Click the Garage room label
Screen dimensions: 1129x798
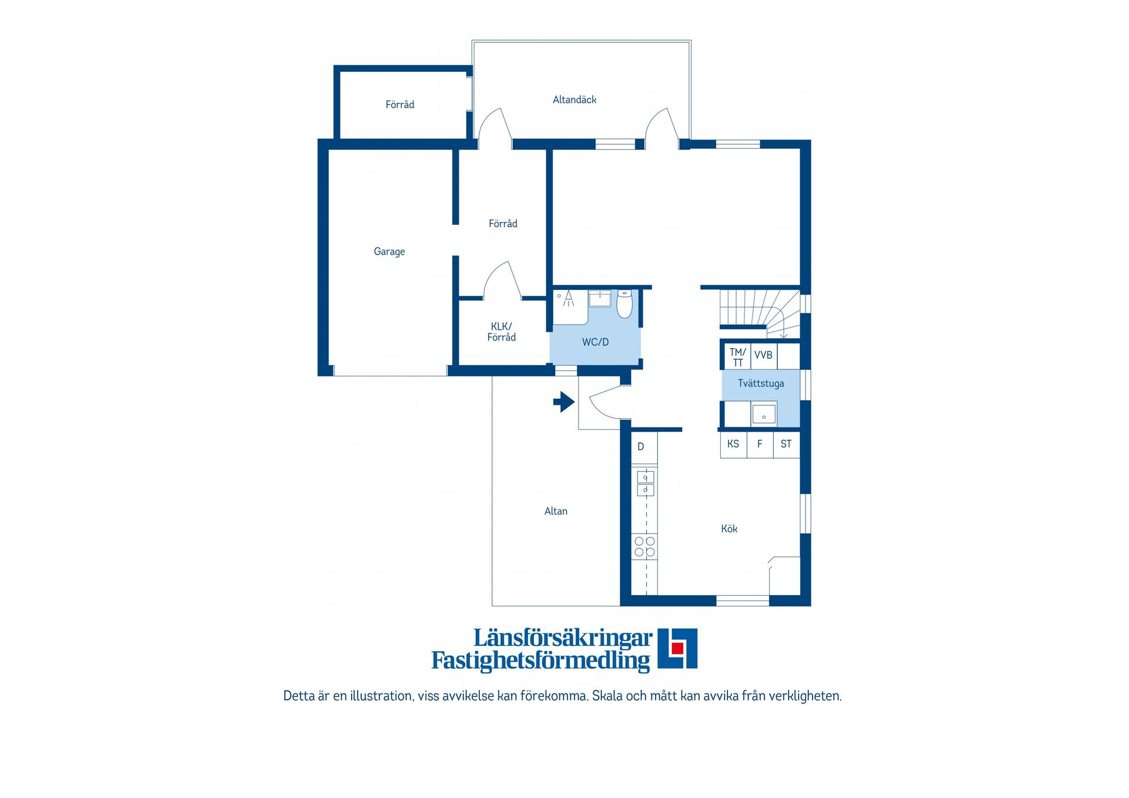click(389, 252)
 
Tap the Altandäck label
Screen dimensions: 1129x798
click(574, 100)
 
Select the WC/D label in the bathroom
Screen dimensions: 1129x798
click(595, 342)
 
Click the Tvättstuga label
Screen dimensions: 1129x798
click(761, 383)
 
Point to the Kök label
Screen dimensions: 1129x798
click(729, 529)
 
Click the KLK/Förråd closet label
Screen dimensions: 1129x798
click(502, 332)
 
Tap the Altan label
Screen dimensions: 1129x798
click(556, 511)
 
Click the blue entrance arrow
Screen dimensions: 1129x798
click(564, 402)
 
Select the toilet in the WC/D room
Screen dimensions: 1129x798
click(624, 303)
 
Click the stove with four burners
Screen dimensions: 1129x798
click(645, 547)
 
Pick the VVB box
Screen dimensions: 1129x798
click(763, 356)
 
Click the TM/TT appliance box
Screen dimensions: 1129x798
click(737, 356)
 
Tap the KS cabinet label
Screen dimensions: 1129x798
click(733, 444)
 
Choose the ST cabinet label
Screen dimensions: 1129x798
click(786, 444)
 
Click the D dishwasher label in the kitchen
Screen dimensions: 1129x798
click(641, 447)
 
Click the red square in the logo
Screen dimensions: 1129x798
click(677, 648)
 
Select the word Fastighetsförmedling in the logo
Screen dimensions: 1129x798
click(541, 660)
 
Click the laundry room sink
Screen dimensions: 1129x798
click(764, 414)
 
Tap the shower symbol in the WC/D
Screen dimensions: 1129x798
click(568, 298)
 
